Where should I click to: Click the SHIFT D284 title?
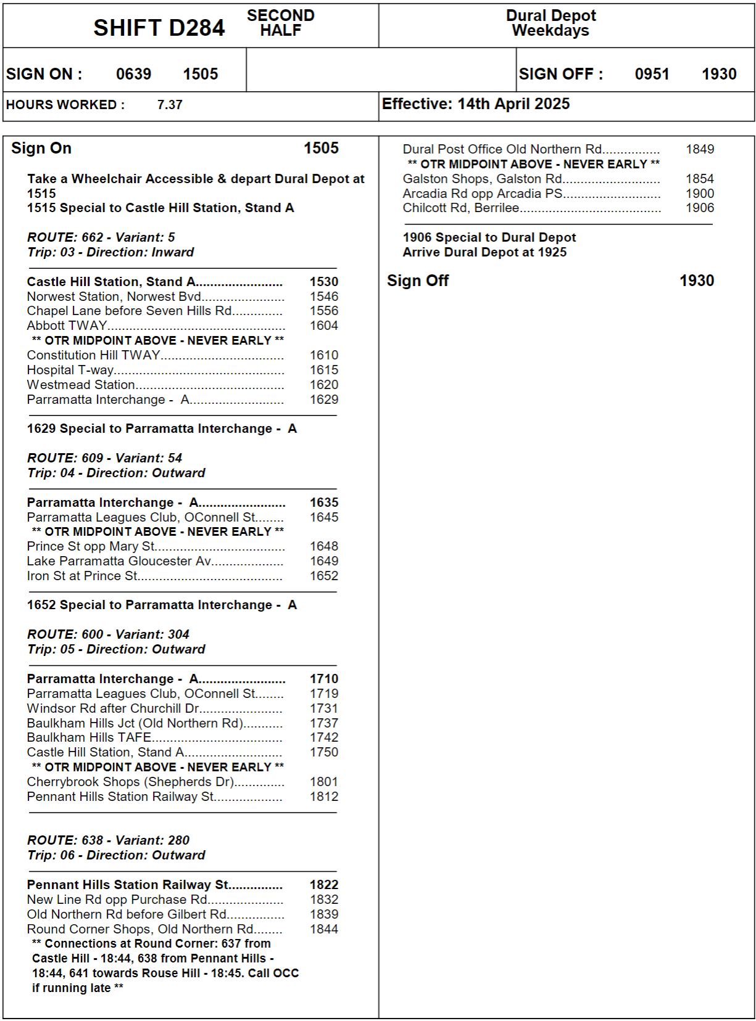pyautogui.click(x=159, y=28)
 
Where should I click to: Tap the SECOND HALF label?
pyautogui.click(x=281, y=23)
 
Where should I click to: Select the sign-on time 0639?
pyautogui.click(x=133, y=74)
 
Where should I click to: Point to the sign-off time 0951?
pyautogui.click(x=652, y=74)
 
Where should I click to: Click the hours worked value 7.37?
pyautogui.click(x=170, y=105)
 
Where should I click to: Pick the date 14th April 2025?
pyautogui.click(x=513, y=104)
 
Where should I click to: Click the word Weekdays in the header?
pyautogui.click(x=550, y=31)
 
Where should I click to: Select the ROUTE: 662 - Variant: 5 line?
pyautogui.click(x=101, y=237)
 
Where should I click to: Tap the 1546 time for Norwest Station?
pyautogui.click(x=324, y=297)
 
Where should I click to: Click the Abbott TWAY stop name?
pyautogui.click(x=67, y=326)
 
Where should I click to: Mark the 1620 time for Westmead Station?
pyautogui.click(x=324, y=385)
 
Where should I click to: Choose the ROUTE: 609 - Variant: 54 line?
pyautogui.click(x=105, y=458)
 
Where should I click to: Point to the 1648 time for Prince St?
pyautogui.click(x=324, y=546)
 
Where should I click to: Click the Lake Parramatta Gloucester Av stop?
pyautogui.click(x=119, y=561)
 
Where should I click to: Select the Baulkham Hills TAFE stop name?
pyautogui.click(x=89, y=737)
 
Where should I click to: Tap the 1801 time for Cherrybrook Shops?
pyautogui.click(x=324, y=782)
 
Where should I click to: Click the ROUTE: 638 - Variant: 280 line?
pyautogui.click(x=109, y=840)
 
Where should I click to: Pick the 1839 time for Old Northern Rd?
pyautogui.click(x=324, y=914)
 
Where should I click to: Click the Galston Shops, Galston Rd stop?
pyautogui.click(x=482, y=179)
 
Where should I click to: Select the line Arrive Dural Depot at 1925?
pyautogui.click(x=484, y=252)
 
